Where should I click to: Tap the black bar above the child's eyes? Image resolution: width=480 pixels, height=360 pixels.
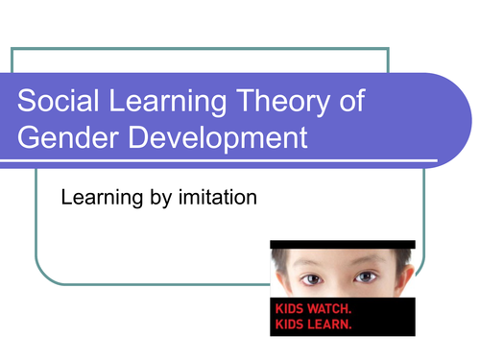(x=343, y=244)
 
